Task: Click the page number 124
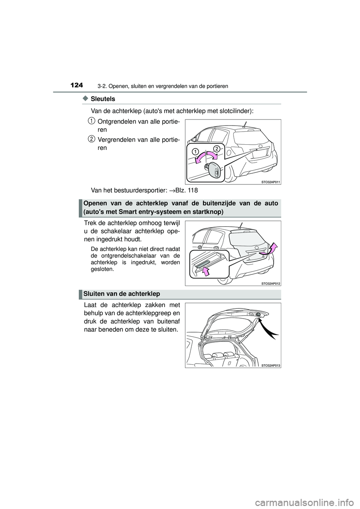pos(77,85)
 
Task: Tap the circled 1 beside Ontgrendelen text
pos(91,121)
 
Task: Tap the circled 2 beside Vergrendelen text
pos(91,139)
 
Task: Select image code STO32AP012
pos(271,283)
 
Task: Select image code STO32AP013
pos(271,365)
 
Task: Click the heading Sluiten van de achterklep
pos(122,294)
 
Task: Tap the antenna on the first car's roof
pos(245,124)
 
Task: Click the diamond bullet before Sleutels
pos(85,98)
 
